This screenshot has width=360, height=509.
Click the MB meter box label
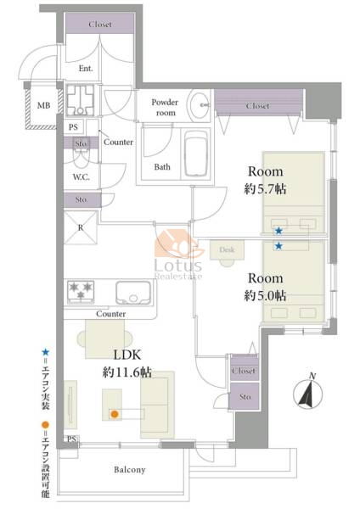coord(43,105)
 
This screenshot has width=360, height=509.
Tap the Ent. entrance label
coord(86,69)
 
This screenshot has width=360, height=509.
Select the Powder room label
coord(165,108)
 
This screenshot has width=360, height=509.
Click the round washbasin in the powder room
coord(200,105)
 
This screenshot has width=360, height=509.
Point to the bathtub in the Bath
coord(196,154)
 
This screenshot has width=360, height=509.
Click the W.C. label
coord(81,177)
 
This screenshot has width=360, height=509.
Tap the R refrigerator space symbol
coord(81,227)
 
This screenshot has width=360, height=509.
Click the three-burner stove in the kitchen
coord(81,292)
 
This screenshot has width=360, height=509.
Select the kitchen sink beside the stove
coord(133,293)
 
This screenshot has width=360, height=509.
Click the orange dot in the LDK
coord(114,414)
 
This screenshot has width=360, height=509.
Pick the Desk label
coord(227,249)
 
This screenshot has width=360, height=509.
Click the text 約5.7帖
coord(265,189)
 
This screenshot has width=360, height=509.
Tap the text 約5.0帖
coord(265,296)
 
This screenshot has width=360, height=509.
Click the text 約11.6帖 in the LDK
coord(127,372)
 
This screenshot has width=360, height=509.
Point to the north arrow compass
coord(308,392)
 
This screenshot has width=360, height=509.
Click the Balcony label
coord(129,470)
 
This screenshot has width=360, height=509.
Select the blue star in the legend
coord(46,352)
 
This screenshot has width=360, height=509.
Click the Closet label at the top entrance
coord(100,25)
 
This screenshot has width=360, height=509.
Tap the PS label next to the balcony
coord(71,439)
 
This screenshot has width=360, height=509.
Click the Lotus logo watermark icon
coord(178,244)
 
